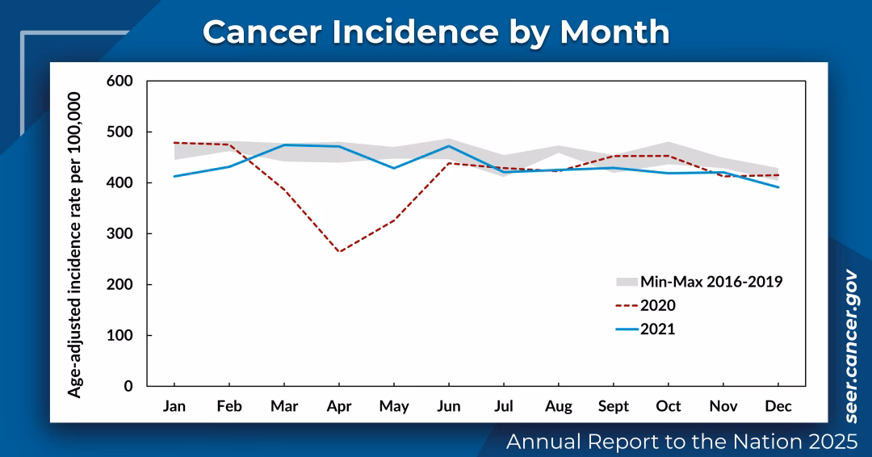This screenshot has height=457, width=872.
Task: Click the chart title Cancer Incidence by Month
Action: [436, 32]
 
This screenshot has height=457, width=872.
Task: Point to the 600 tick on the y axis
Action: [119, 81]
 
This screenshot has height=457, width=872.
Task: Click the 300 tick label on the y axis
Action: [119, 233]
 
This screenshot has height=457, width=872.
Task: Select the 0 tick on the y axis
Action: [128, 386]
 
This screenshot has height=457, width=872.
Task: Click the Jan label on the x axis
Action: [174, 405]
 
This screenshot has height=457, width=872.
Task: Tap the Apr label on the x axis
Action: [339, 405]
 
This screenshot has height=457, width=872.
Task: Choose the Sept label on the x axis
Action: [614, 405]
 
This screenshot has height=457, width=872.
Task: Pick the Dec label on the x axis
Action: [778, 405]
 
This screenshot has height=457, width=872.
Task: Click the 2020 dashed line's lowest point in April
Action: [339, 252]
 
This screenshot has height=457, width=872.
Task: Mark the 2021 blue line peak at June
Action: [449, 146]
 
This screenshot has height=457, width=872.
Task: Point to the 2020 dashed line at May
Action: [394, 220]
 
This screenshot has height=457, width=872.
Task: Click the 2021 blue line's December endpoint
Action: [778, 187]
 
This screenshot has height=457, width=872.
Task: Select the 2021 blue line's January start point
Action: [174, 176]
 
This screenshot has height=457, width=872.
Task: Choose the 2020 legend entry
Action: [657, 305]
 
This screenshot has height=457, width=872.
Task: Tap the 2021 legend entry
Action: [657, 329]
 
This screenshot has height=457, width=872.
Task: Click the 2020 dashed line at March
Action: [284, 190]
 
